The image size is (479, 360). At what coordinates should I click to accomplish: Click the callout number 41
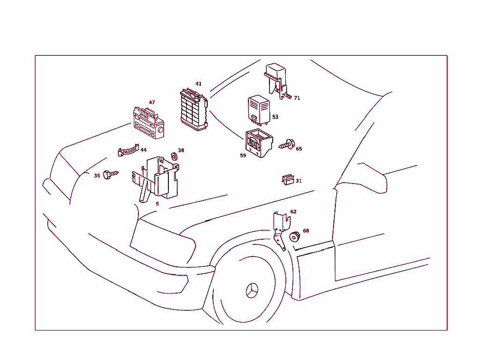click(198, 84)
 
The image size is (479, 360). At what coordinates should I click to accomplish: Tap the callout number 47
click(152, 102)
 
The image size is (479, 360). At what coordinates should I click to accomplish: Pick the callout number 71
click(297, 98)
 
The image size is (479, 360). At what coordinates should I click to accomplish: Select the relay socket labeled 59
click(258, 142)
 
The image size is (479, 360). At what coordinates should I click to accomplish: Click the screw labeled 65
click(286, 145)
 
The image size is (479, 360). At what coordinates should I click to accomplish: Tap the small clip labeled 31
click(288, 179)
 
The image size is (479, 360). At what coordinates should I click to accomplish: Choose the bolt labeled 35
click(110, 175)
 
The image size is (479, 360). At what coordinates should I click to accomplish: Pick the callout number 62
click(293, 212)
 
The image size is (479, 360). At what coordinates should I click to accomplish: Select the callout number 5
click(157, 204)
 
